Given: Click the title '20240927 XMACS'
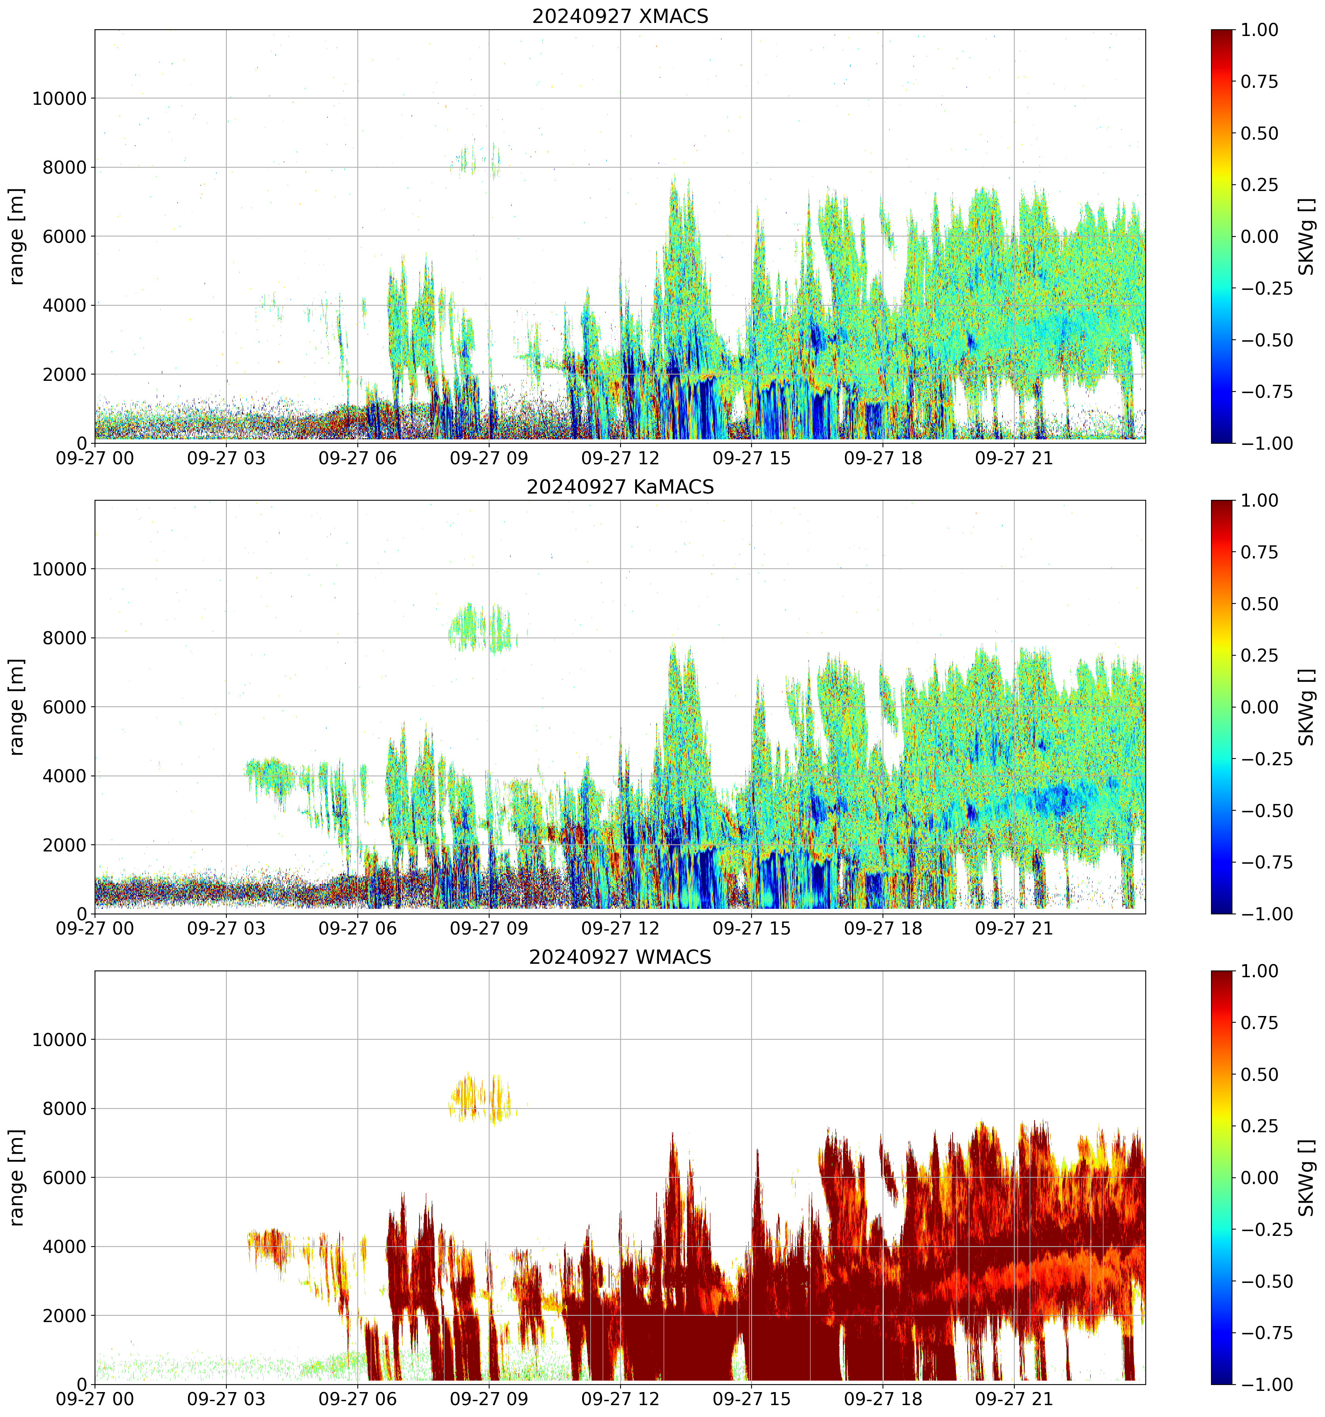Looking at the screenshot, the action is tap(620, 16).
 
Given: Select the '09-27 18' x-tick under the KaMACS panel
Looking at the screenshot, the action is tap(883, 929).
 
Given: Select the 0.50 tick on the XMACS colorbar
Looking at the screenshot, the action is tap(1259, 133).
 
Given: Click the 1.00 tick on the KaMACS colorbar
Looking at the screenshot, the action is tap(1259, 500).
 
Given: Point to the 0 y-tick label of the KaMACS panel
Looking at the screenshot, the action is tap(81, 914).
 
